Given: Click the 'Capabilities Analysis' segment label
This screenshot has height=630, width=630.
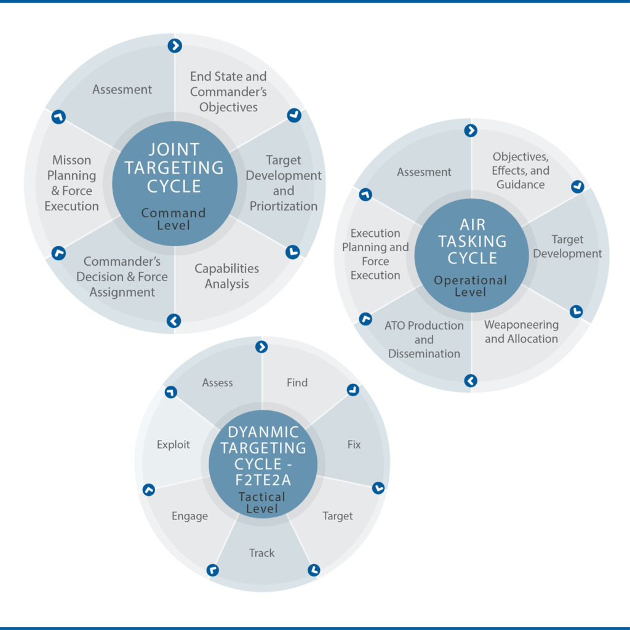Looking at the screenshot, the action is click(x=226, y=276).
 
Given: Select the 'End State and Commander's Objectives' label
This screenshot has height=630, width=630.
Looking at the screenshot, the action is click(x=228, y=92).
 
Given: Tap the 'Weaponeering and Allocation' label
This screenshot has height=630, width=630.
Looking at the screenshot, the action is click(x=521, y=332).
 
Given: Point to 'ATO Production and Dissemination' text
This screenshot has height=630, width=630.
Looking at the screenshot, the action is click(x=424, y=340).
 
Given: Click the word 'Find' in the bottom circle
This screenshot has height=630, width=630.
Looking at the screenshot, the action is click(x=297, y=383).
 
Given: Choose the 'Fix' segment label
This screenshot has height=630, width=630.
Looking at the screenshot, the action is click(x=354, y=444).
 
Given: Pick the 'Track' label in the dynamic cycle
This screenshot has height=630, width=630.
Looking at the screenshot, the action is click(x=261, y=553).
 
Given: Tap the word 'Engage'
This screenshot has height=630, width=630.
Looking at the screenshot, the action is click(x=189, y=516).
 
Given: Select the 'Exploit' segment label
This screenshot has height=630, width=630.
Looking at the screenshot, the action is click(x=173, y=445).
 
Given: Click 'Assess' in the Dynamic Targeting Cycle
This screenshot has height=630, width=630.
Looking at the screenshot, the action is click(x=217, y=383).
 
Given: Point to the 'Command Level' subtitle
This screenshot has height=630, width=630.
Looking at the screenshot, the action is click(x=173, y=219).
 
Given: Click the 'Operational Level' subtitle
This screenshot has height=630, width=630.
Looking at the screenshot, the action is click(x=471, y=285).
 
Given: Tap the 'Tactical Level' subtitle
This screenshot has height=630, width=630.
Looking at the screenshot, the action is click(x=262, y=503).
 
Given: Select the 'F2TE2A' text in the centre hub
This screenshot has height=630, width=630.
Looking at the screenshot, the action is click(x=263, y=480).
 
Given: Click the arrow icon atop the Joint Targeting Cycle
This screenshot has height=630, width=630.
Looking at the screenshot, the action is click(x=175, y=46).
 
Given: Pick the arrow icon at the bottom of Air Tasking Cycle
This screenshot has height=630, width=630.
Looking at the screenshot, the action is click(x=471, y=380).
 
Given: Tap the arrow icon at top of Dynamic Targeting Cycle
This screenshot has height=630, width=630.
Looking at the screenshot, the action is click(x=261, y=347).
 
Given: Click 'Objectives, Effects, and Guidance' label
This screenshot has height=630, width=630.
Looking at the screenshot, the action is click(x=520, y=170).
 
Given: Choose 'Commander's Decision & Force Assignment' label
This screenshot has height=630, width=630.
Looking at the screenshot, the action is click(x=122, y=277).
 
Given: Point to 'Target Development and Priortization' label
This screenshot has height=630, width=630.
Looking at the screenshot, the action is click(x=283, y=183).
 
